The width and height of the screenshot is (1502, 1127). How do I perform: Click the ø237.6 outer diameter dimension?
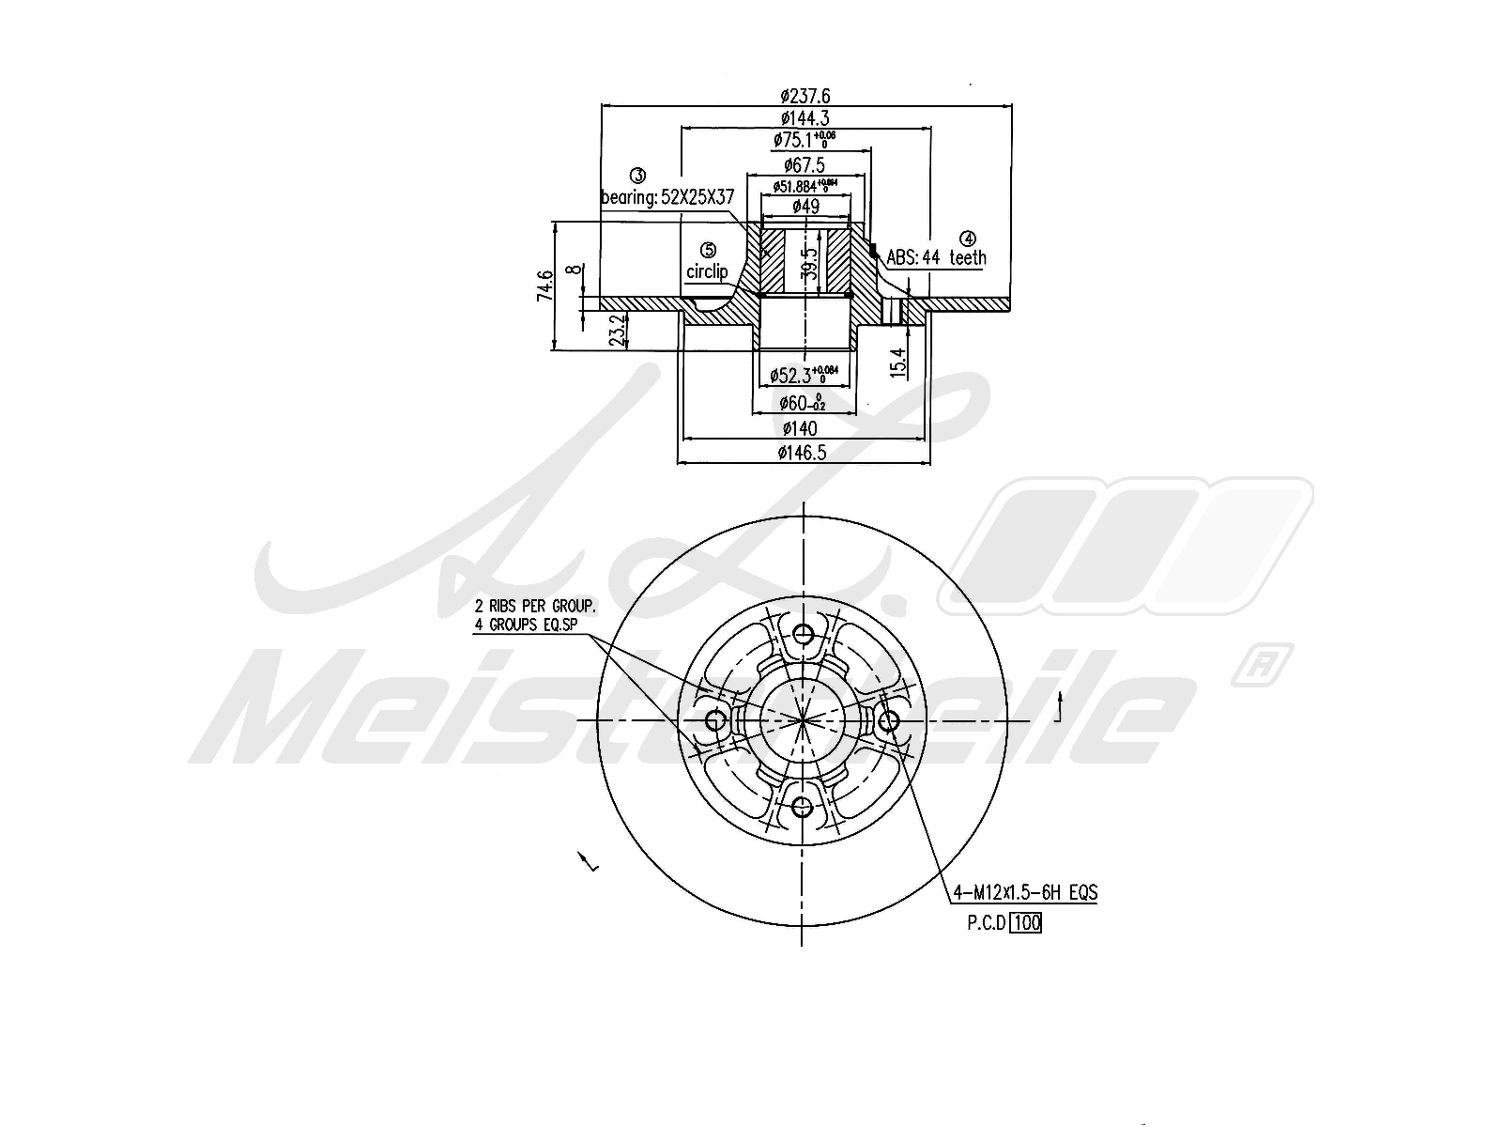pyautogui.click(x=805, y=95)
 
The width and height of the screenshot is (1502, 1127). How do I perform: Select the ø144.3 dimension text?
pyautogui.click(x=805, y=118)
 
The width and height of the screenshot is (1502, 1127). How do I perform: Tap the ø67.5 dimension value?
pyautogui.click(x=805, y=165)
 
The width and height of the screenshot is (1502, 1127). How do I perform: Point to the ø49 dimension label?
pyautogui.click(x=805, y=207)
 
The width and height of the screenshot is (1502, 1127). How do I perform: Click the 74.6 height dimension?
pyautogui.click(x=544, y=286)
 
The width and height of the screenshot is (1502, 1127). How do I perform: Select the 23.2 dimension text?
pyautogui.click(x=617, y=331)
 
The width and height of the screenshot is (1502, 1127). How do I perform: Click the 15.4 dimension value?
pyautogui.click(x=898, y=362)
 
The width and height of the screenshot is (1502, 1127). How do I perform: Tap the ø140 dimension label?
pyautogui.click(x=799, y=428)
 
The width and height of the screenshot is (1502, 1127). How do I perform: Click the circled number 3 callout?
pyautogui.click(x=637, y=176)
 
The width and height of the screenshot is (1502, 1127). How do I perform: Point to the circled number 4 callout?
pyautogui.click(x=968, y=239)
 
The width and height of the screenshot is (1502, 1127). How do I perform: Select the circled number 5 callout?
pyautogui.click(x=708, y=250)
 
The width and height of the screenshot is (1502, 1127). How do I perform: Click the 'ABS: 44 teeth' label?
pyautogui.click(x=936, y=257)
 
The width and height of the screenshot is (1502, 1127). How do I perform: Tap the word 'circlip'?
pyautogui.click(x=707, y=271)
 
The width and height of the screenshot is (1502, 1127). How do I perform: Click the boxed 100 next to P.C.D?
pyautogui.click(x=1027, y=922)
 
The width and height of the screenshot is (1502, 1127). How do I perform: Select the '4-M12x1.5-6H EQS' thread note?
pyautogui.click(x=1024, y=892)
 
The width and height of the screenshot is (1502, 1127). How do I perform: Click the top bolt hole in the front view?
pyautogui.click(x=803, y=634)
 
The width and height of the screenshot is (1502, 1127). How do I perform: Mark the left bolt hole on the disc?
pyautogui.click(x=715, y=720)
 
